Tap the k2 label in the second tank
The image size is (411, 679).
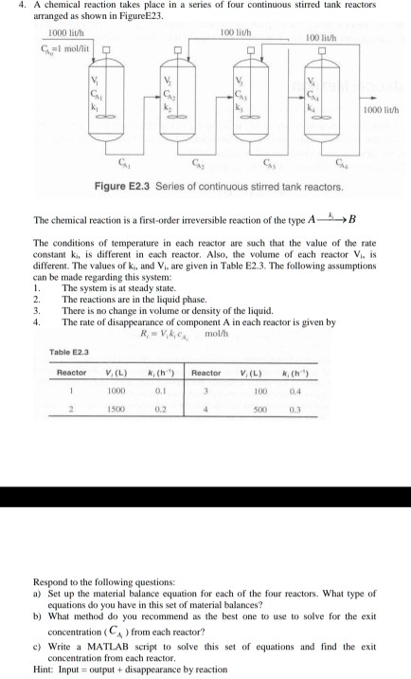point(168,109)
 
